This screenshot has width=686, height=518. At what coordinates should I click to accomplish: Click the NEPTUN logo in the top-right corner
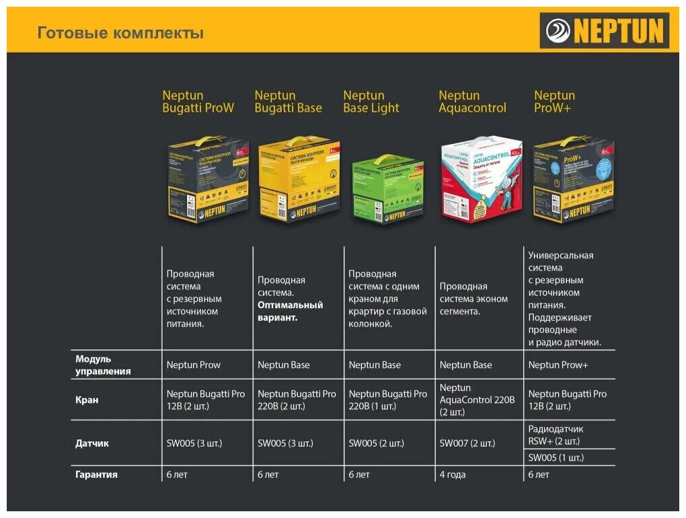tap(605, 31)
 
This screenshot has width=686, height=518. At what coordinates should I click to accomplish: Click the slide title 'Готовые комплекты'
tap(120, 33)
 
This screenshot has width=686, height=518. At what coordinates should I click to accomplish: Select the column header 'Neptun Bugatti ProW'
tap(198, 102)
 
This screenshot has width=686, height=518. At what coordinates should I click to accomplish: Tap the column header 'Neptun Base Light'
tap(371, 102)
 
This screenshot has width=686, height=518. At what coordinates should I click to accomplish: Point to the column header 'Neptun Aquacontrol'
tap(472, 102)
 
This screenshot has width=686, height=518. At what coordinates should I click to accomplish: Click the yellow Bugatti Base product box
tap(299, 180)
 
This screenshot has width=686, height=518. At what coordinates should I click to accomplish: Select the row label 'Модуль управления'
tap(103, 365)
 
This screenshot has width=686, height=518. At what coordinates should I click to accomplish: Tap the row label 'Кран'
tap(87, 400)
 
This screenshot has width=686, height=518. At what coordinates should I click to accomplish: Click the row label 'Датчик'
tap(92, 443)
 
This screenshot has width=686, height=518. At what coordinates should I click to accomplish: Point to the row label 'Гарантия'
tap(96, 474)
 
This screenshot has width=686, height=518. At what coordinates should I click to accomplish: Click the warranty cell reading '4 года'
tap(453, 474)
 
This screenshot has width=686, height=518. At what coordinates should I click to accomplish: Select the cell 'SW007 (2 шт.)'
tap(467, 443)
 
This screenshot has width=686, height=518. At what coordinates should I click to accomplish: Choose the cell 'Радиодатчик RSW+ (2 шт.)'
tap(556, 435)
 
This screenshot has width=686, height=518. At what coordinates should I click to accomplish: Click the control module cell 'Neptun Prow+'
tap(558, 365)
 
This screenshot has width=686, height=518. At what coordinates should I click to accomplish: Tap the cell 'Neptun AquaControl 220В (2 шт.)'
tap(477, 400)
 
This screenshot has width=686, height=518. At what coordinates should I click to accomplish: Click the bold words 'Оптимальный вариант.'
tap(290, 311)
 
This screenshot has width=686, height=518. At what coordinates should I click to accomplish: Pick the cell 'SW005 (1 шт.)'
tap(556, 457)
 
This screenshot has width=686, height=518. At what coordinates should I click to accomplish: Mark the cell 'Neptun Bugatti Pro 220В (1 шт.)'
tap(387, 400)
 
